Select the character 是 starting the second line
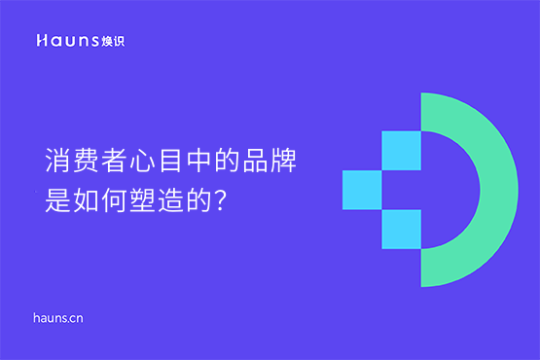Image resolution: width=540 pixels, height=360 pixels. click(57, 201)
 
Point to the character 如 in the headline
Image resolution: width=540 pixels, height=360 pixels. click(85, 201)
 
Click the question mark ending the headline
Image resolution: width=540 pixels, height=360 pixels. click(220, 201)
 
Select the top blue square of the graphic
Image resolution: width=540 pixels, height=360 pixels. click(401, 151)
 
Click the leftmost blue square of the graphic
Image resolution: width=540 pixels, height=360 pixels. click(362, 190)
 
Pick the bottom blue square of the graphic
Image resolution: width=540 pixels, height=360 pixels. click(401, 229)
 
